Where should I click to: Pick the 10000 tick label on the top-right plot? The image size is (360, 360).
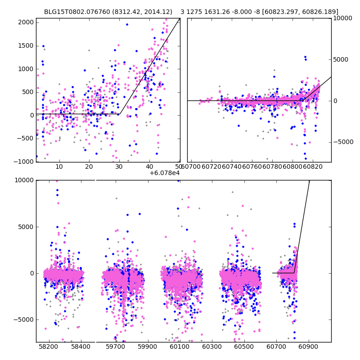pos(342,18)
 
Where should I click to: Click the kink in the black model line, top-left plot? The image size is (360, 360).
pos(119,114)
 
